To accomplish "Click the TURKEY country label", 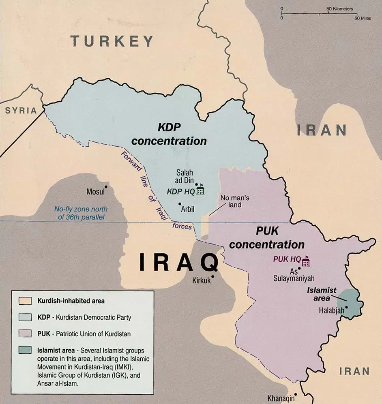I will (x=112, y=41).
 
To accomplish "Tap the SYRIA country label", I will (x=21, y=111).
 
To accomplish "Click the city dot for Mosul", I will (x=106, y=186).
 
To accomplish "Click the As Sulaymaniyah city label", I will (x=294, y=275).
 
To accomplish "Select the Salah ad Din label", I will (x=185, y=176).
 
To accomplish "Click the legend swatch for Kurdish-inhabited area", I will (x=25, y=301).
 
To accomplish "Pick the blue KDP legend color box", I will (x=25, y=317).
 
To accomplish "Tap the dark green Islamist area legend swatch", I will (x=25, y=350).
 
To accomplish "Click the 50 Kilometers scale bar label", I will (x=339, y=9).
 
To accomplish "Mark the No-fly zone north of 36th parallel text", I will (x=81, y=213).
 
